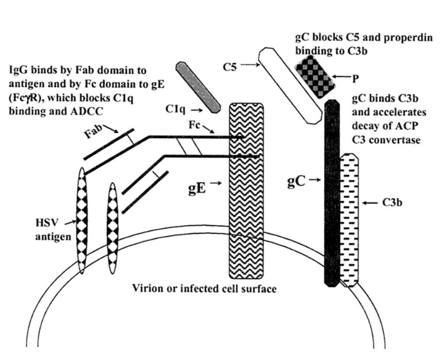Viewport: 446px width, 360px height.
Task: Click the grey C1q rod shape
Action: pos(198,87)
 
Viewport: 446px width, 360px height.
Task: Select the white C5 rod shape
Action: pos(292,86)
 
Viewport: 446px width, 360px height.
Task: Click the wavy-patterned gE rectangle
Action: pos(246,191)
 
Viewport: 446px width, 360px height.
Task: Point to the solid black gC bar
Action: pos(332,193)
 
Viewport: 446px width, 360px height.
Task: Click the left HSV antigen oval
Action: pos(82,220)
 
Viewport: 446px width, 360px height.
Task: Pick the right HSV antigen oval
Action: pos(113,228)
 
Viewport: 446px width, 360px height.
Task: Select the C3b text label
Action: pos(392,202)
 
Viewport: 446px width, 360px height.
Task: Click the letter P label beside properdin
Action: pos(356,79)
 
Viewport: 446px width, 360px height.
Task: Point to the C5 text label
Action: pos(230,67)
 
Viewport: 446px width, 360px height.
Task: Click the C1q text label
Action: pos(176,109)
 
